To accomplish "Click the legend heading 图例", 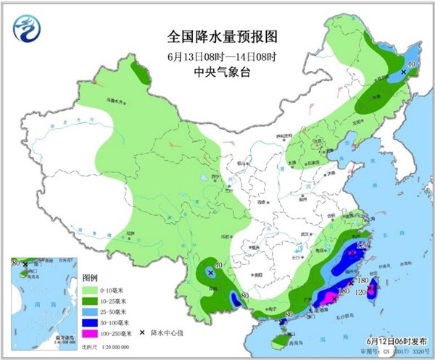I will point(90,277).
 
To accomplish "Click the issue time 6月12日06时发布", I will point(392,340).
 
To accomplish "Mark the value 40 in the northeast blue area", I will point(412,65).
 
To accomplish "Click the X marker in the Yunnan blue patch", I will point(210,273).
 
